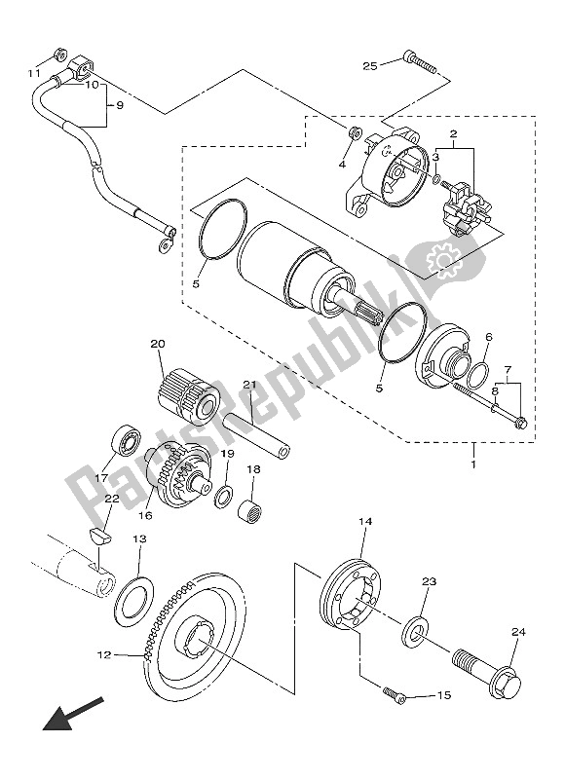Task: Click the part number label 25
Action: pos(370,65)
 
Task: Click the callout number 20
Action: pos(158,344)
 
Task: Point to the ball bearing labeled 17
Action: pos(127,440)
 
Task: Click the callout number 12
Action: pos(104,654)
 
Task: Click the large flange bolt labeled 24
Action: pos(487,673)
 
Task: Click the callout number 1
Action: pos(473,464)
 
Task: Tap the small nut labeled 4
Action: pos(354,133)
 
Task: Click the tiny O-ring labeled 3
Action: pos(436,179)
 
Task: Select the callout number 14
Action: pos(365,522)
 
